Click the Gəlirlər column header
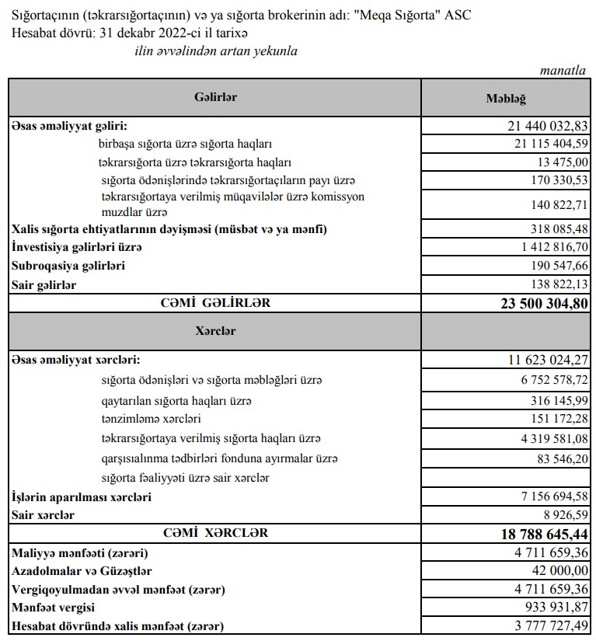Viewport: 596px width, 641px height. (x=215, y=97)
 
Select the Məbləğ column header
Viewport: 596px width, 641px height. (x=506, y=99)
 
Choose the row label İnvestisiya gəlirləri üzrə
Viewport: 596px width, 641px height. (x=77, y=248)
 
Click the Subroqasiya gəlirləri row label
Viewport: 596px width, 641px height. (x=68, y=266)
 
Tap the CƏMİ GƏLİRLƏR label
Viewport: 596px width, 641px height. (x=216, y=303)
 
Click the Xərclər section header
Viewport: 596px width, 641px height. (x=215, y=331)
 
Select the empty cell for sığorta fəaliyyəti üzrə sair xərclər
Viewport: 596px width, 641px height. (x=506, y=477)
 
